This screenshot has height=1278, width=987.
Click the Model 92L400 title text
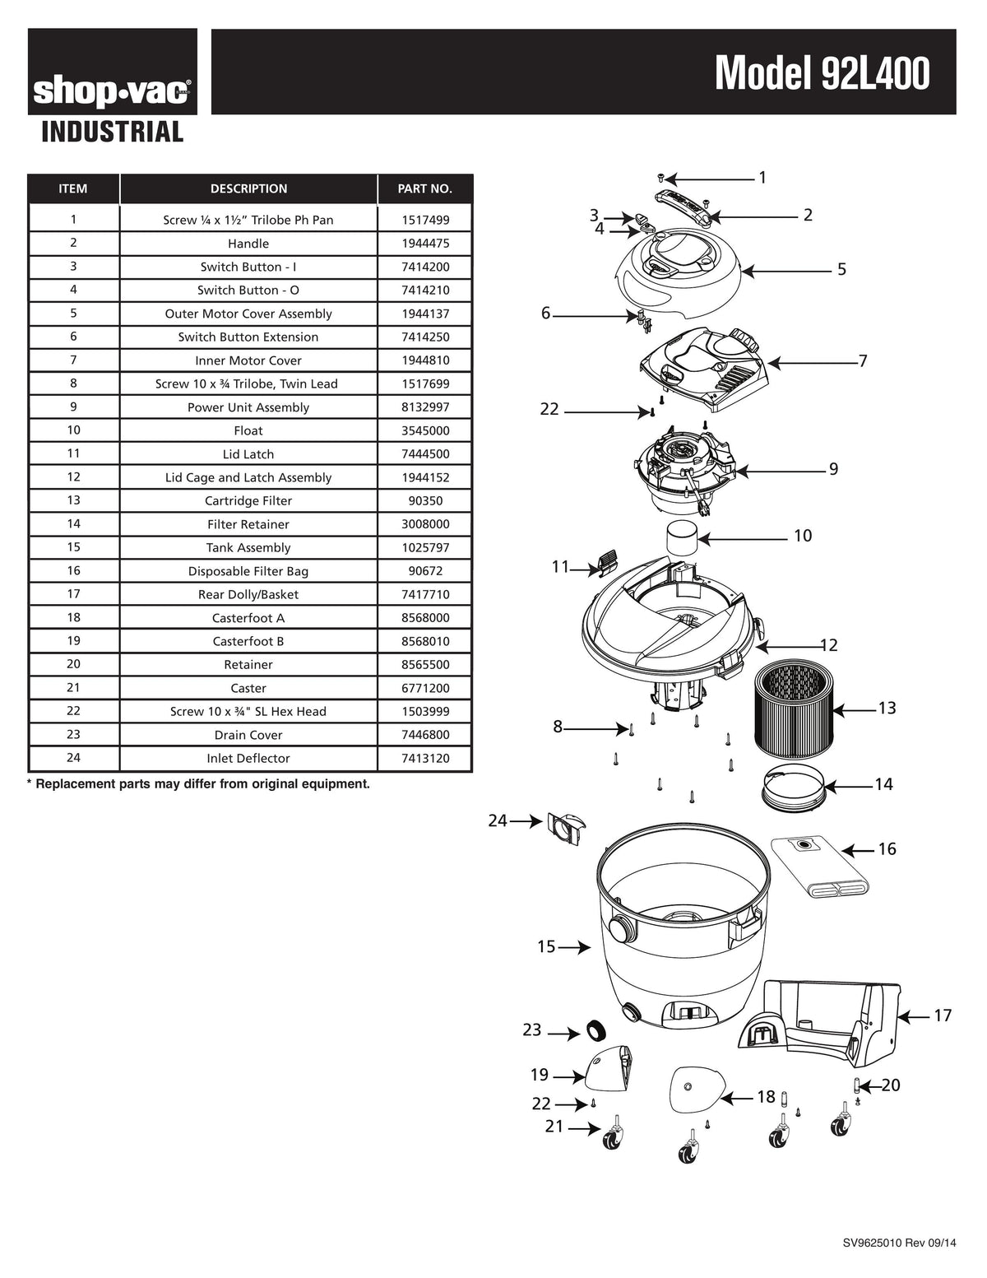tap(822, 73)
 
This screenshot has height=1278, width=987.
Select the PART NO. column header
tap(424, 189)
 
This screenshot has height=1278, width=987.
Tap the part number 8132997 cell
tap(424, 407)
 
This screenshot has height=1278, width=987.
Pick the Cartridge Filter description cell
tap(248, 501)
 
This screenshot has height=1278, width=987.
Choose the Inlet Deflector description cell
tap(248, 759)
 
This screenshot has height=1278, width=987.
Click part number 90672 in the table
tap(424, 571)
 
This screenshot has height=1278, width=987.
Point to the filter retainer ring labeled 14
tap(793, 788)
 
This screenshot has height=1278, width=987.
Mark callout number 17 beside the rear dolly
tap(943, 1015)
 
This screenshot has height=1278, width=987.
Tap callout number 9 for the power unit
tap(833, 469)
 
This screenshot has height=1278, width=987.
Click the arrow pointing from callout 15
tap(575, 948)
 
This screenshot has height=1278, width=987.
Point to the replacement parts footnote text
tap(198, 784)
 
